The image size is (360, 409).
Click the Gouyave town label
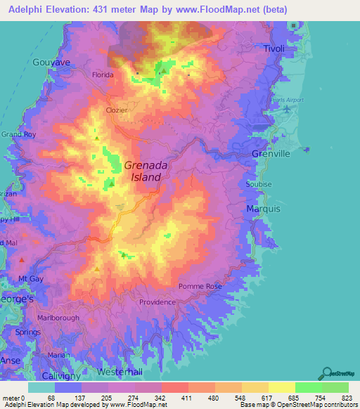click(x=51, y=62)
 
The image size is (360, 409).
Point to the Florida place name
click(x=103, y=74)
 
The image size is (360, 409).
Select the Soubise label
click(x=258, y=184)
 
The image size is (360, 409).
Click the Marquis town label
click(x=263, y=209)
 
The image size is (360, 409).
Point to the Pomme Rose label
click(x=200, y=287)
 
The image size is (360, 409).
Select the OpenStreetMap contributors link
click(x=323, y=404)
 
